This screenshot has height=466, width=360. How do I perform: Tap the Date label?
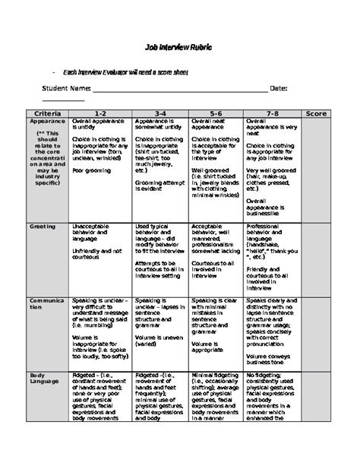(279, 88)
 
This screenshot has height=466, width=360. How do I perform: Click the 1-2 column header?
(100, 113)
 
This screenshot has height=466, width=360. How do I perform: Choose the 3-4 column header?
(159, 113)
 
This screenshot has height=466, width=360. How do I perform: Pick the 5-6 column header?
(216, 113)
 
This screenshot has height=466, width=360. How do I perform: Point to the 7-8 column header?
(272, 113)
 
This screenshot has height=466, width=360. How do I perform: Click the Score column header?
(315, 113)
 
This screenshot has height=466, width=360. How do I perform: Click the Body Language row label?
(42, 379)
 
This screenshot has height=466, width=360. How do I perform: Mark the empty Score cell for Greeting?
(315, 258)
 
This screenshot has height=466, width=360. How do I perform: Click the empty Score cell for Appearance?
(315, 167)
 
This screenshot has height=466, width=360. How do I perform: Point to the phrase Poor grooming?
(92, 171)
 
